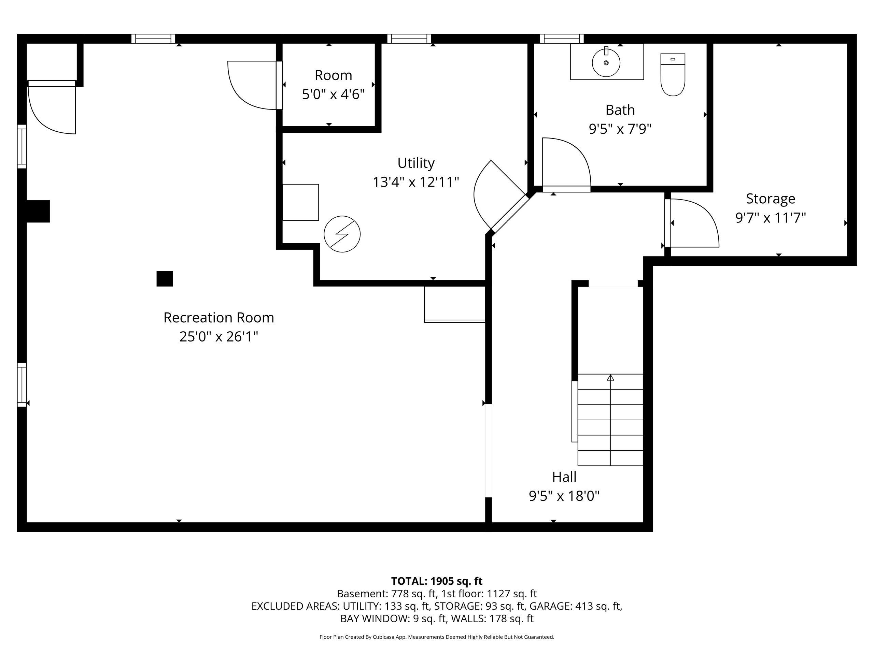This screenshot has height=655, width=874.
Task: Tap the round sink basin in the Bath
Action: [x=606, y=63]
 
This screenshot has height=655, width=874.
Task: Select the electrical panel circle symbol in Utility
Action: [x=342, y=234]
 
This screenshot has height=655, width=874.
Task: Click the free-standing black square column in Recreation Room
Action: [x=165, y=278]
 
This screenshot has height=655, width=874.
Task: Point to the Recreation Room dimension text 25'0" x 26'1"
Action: [x=218, y=337]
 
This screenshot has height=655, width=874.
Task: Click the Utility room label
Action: [x=416, y=163]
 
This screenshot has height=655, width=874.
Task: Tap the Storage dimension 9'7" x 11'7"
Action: [x=770, y=218]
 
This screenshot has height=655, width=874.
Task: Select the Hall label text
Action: [x=564, y=477]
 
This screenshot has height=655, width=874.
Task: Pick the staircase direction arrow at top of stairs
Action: [x=610, y=378]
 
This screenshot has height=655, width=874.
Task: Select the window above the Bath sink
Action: [x=562, y=38]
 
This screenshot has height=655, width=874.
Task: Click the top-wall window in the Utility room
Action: [x=409, y=38]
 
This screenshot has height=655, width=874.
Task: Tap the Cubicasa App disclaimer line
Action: [x=437, y=637]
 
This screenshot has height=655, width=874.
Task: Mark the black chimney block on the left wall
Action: [x=38, y=211]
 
